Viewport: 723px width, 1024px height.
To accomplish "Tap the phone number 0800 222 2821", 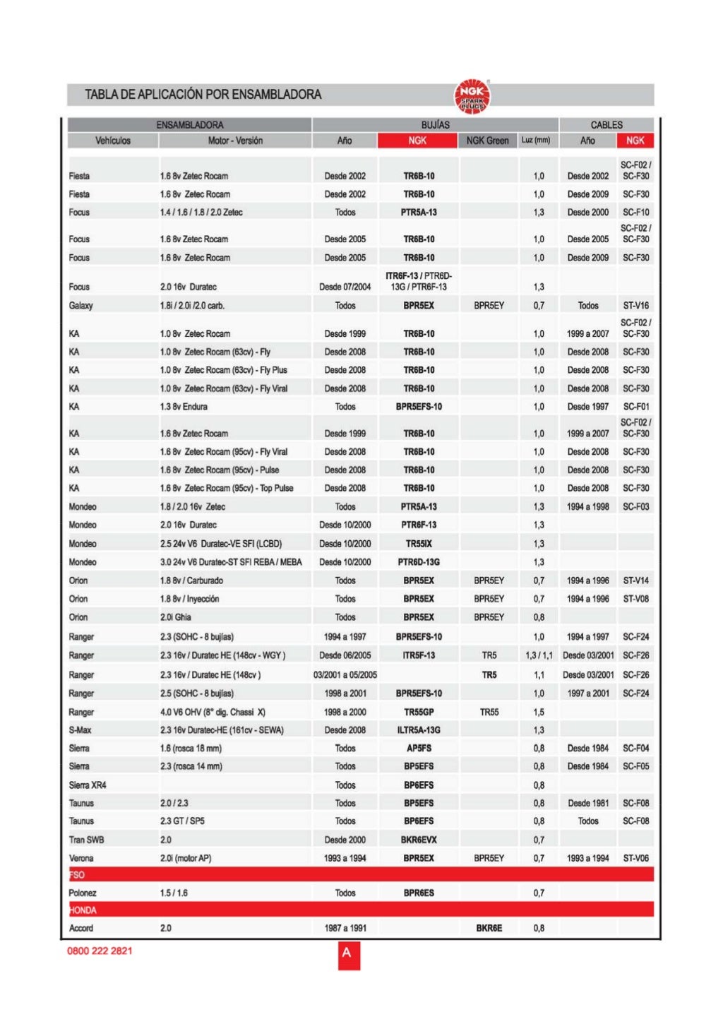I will click(x=100, y=951).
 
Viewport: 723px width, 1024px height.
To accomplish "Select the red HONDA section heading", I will click(x=83, y=910).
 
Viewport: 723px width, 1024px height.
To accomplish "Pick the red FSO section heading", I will click(x=77, y=874).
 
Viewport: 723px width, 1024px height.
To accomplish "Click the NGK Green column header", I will click(x=487, y=141).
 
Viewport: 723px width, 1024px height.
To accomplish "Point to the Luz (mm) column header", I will click(x=536, y=141).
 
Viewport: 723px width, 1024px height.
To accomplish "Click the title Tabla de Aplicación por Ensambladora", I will click(x=203, y=95).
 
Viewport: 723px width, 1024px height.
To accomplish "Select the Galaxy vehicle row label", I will click(x=81, y=306).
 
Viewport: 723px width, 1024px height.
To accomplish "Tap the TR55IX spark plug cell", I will click(x=419, y=544).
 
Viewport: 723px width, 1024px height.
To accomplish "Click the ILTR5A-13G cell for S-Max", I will click(x=419, y=730).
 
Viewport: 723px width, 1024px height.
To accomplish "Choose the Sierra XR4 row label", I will click(x=88, y=785).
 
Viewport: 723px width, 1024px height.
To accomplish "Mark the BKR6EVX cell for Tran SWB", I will click(x=419, y=840).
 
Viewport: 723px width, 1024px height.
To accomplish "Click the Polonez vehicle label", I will click(x=83, y=893).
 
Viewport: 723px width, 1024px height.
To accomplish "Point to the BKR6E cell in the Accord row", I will click(x=489, y=928).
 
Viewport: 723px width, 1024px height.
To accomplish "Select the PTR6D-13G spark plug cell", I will click(x=419, y=562).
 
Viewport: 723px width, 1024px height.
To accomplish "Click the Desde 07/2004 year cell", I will click(x=345, y=287).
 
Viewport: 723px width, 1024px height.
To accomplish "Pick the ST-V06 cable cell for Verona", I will click(x=635, y=858).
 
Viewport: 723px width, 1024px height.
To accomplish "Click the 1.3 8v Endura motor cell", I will click(x=184, y=407).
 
